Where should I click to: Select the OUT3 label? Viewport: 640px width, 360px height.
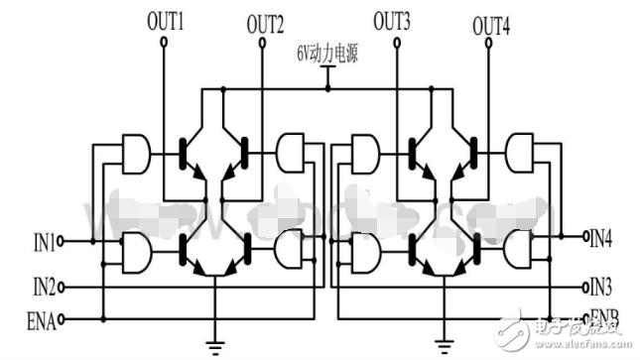tap(394, 19)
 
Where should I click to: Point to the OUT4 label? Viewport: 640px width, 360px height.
tap(491, 23)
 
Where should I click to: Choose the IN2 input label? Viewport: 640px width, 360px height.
tap(44, 288)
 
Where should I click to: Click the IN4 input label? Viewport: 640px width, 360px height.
tap(600, 238)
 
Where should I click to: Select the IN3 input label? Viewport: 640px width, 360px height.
tap(600, 288)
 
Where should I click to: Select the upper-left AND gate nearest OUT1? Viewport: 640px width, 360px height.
tap(135, 151)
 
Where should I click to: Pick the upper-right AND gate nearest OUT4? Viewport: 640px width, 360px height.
tap(520, 152)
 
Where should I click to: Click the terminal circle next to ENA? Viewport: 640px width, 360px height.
tap(63, 319)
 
